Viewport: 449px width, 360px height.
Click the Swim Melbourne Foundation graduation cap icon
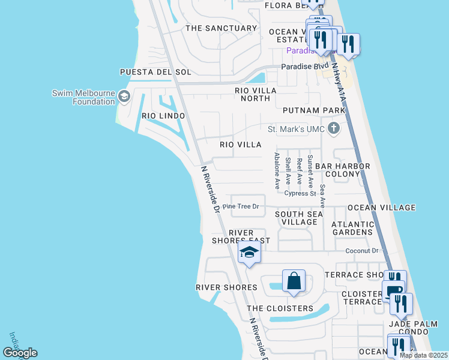click(124, 96)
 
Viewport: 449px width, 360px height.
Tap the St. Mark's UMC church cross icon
click(334, 129)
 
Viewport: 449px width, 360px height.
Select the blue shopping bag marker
click(294, 281)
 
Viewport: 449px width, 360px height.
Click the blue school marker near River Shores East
click(250, 253)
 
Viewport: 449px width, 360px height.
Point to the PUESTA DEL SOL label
click(155, 72)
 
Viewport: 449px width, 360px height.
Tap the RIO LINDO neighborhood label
click(163, 115)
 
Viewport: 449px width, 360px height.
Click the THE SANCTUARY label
click(221, 28)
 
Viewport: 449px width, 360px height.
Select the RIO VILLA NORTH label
click(256, 95)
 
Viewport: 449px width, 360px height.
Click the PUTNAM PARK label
click(314, 110)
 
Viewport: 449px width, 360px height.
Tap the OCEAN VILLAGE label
click(382, 208)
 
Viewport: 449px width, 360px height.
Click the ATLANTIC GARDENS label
click(353, 228)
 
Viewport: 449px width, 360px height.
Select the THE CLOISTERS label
click(280, 308)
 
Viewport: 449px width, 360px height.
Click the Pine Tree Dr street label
click(240, 206)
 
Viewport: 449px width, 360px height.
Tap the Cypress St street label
click(300, 194)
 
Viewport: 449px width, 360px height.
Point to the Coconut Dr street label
click(363, 251)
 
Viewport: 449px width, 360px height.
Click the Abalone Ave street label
click(277, 171)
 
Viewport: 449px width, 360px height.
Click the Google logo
click(20, 353)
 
